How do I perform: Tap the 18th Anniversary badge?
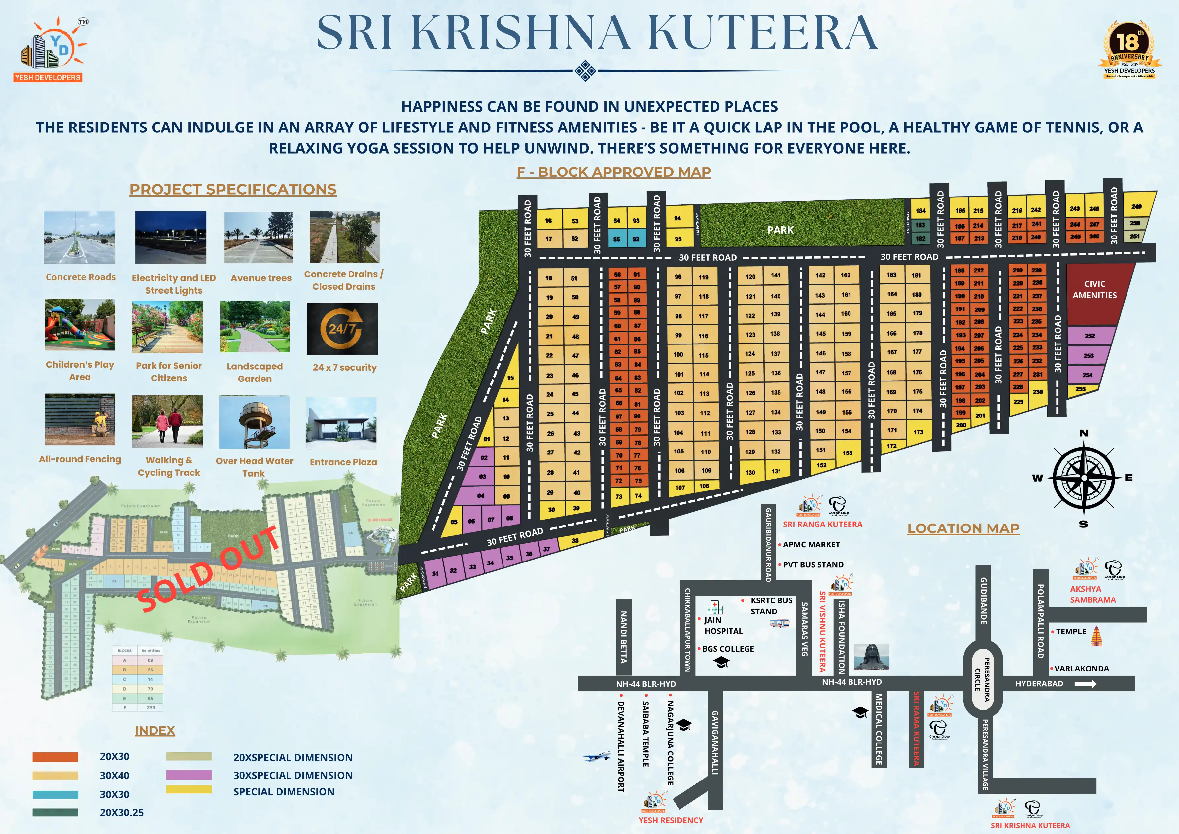point(1129,50)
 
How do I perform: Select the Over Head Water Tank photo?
point(254,422)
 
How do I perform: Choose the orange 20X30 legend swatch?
point(55,757)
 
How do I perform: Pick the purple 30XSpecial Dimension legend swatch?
point(189,775)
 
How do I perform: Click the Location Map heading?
point(963,528)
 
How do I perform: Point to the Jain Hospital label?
point(723,625)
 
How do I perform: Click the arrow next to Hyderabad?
point(1085,684)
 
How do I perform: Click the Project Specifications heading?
point(233,189)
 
